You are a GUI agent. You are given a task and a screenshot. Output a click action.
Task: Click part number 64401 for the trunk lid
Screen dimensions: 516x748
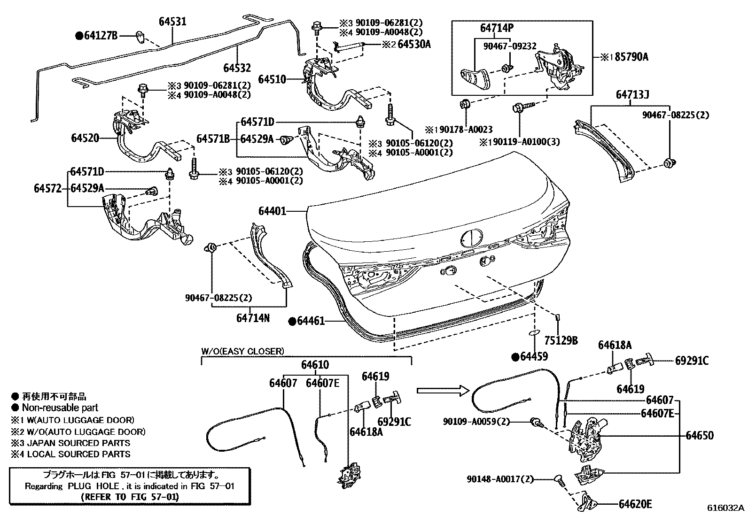[272, 212]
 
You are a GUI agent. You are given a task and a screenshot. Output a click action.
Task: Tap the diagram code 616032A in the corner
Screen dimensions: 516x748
[726, 508]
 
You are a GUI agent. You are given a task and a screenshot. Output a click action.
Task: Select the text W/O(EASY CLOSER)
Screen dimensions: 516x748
[243, 351]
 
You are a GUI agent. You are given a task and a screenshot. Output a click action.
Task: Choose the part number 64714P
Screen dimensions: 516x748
[496, 28]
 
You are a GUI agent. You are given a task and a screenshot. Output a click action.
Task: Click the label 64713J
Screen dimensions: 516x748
[632, 95]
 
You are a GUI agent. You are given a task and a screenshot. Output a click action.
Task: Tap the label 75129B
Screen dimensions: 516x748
[561, 340]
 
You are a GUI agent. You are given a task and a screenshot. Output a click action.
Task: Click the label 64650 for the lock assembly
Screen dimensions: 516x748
[699, 435]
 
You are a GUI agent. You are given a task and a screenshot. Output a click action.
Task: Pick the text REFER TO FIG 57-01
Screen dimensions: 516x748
[130, 496]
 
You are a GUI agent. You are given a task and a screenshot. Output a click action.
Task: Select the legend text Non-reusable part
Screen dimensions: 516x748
[60, 408]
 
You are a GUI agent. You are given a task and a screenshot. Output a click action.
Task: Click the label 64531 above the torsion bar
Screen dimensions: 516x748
[172, 22]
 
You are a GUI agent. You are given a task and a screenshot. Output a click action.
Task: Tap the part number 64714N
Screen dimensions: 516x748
[253, 318]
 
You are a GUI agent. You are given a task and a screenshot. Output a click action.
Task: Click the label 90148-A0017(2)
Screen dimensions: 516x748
[500, 479]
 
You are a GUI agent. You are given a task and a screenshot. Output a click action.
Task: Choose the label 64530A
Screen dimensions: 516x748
[414, 45]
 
